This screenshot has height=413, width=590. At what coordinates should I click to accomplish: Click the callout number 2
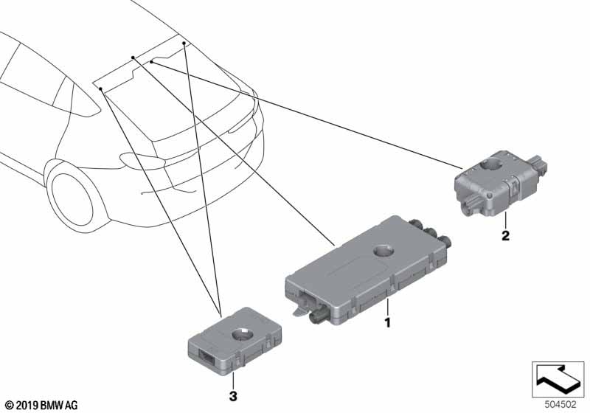(505, 235)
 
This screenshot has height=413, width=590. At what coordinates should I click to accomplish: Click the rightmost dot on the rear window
(184, 44)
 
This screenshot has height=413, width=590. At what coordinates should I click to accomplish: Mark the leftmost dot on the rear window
(100, 88)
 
